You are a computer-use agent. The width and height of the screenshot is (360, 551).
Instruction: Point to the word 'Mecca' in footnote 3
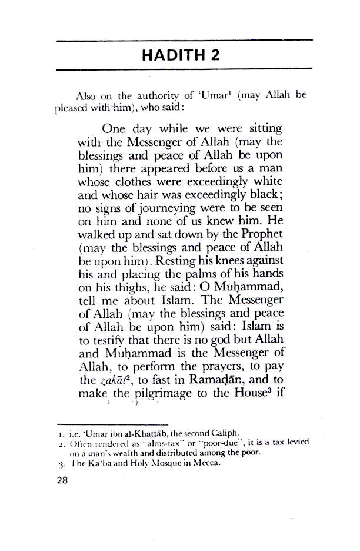(205, 463)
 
